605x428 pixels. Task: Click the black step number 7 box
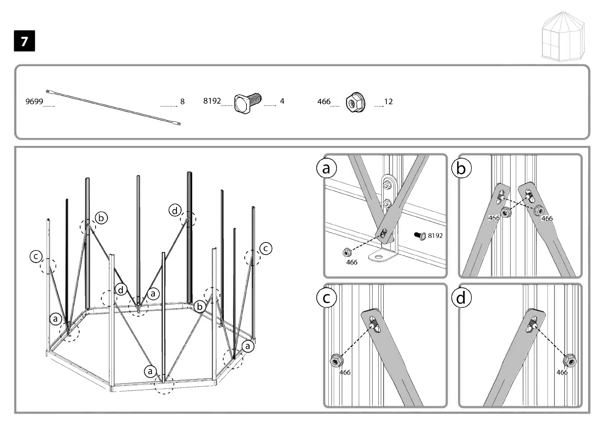click(x=24, y=41)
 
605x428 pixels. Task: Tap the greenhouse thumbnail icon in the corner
click(x=563, y=36)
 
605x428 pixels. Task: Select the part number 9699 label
click(x=34, y=102)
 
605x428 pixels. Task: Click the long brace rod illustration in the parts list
click(x=114, y=107)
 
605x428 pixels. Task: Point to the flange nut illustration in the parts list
click(x=355, y=103)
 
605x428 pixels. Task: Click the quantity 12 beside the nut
click(x=388, y=102)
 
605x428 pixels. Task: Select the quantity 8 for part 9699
click(x=182, y=102)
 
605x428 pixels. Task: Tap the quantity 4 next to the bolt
click(x=282, y=101)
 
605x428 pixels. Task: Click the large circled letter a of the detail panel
click(x=326, y=168)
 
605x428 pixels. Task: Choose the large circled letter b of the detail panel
click(x=461, y=168)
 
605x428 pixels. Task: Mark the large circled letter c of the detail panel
click(x=326, y=298)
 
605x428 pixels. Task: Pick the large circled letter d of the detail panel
click(x=461, y=298)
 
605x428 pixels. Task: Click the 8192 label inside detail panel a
click(x=435, y=236)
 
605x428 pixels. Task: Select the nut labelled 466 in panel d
click(x=570, y=360)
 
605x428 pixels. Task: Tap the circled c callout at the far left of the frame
click(x=36, y=257)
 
